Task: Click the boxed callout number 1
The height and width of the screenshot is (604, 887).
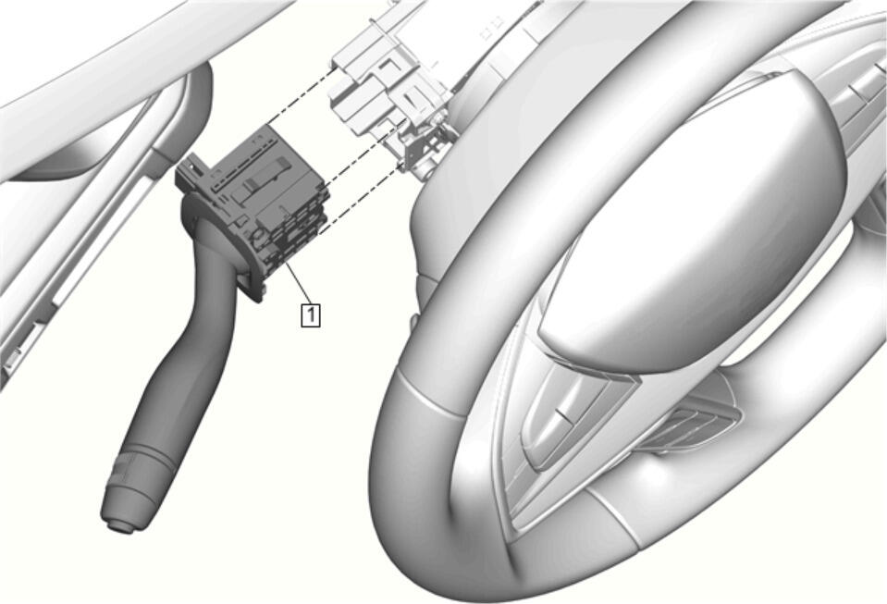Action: click(x=311, y=314)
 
